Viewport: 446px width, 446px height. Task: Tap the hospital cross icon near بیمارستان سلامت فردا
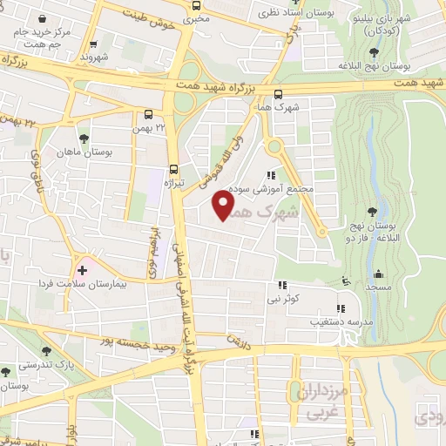[x=83, y=271]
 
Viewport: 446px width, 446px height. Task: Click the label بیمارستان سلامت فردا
[x=84, y=285]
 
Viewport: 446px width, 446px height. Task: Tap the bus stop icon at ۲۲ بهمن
[x=149, y=114]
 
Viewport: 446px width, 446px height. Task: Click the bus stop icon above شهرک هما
[x=278, y=95]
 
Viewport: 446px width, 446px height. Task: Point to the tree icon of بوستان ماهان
[x=84, y=139]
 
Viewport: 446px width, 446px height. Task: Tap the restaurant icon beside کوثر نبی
[x=280, y=285]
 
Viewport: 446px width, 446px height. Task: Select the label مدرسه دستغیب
[x=312, y=321]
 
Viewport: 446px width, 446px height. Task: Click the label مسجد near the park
[x=376, y=287]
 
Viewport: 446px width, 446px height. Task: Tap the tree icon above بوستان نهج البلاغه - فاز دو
[x=373, y=211]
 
